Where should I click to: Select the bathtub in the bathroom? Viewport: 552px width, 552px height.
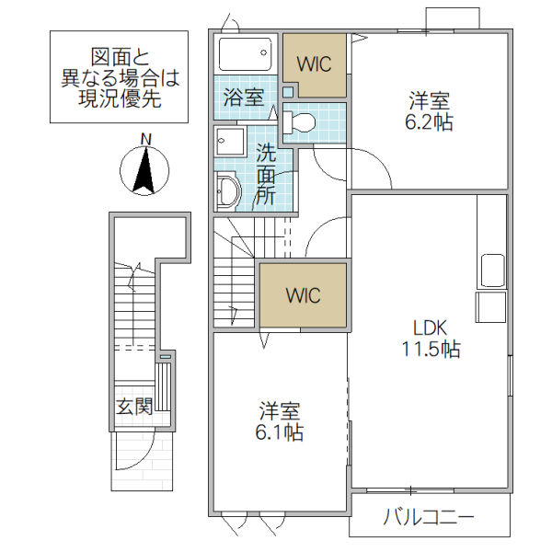246,54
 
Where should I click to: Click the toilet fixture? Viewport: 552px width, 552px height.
300,121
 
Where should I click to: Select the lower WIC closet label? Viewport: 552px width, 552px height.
303,296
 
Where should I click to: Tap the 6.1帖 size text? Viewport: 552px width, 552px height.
281,431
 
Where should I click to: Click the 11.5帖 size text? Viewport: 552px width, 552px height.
430,350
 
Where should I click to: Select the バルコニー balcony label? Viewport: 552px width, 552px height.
429,517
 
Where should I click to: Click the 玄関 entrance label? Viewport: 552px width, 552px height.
133,406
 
